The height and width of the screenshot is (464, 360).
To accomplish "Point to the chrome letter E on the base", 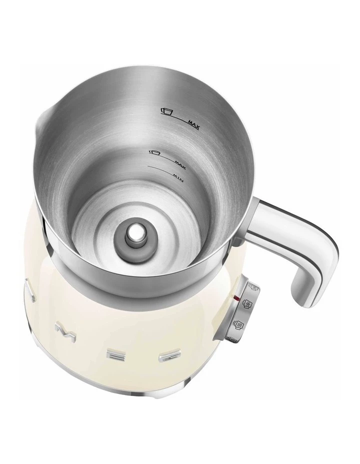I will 118,353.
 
